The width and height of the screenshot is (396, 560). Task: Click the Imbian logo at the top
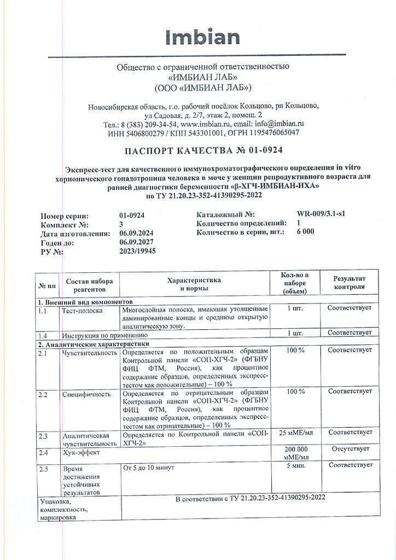coord(202,37)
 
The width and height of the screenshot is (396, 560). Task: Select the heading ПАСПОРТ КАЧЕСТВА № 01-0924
coord(203,150)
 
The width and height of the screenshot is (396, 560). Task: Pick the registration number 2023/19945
coord(138,252)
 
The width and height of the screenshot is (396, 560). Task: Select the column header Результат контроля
coord(349,283)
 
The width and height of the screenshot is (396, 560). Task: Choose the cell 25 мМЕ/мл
coord(295,433)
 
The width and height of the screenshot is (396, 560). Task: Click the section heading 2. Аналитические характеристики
coord(93,345)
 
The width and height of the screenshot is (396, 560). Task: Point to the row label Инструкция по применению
coord(104,335)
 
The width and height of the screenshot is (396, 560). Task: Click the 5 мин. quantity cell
coord(295,465)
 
